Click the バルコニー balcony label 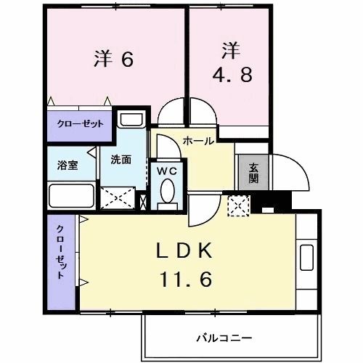coord(224,338)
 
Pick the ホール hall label coord(198,141)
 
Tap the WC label coord(166,172)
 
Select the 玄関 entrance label coord(253,173)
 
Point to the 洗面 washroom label coord(121,160)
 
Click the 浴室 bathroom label coord(68,165)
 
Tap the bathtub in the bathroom coord(70,196)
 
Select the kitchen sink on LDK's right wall coord(306,258)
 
